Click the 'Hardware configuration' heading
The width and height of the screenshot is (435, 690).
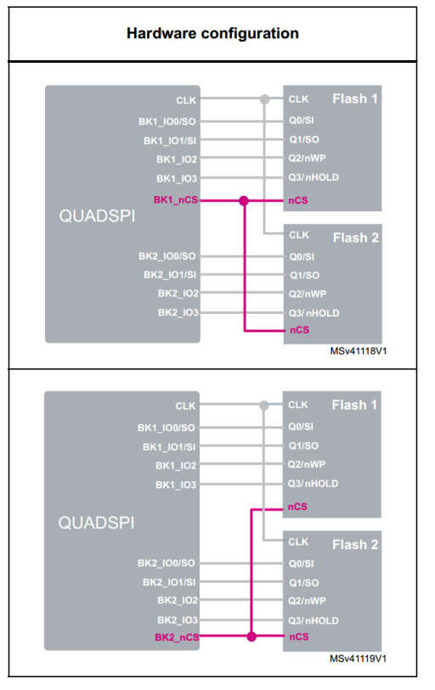pos(212,34)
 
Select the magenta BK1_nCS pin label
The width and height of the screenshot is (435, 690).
pos(175,200)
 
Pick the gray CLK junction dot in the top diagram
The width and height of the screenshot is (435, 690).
pos(265,99)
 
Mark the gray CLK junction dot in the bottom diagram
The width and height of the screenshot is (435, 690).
pos(265,405)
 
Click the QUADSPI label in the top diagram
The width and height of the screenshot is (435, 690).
pos(96,216)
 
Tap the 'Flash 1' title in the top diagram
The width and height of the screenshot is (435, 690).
pos(355,98)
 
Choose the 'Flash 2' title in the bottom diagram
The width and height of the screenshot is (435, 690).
pos(355,544)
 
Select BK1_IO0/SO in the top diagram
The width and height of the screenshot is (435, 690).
pos(167,121)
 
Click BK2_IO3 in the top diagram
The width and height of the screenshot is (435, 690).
pos(177,312)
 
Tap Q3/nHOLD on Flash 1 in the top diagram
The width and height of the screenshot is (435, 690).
pos(314,177)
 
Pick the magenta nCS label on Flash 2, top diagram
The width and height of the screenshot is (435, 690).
pos(298,329)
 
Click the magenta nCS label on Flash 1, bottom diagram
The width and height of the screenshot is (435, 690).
pos(297,507)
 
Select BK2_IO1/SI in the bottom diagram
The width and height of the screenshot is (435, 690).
pos(167,582)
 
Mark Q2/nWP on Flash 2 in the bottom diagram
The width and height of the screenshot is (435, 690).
pos(307,601)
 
